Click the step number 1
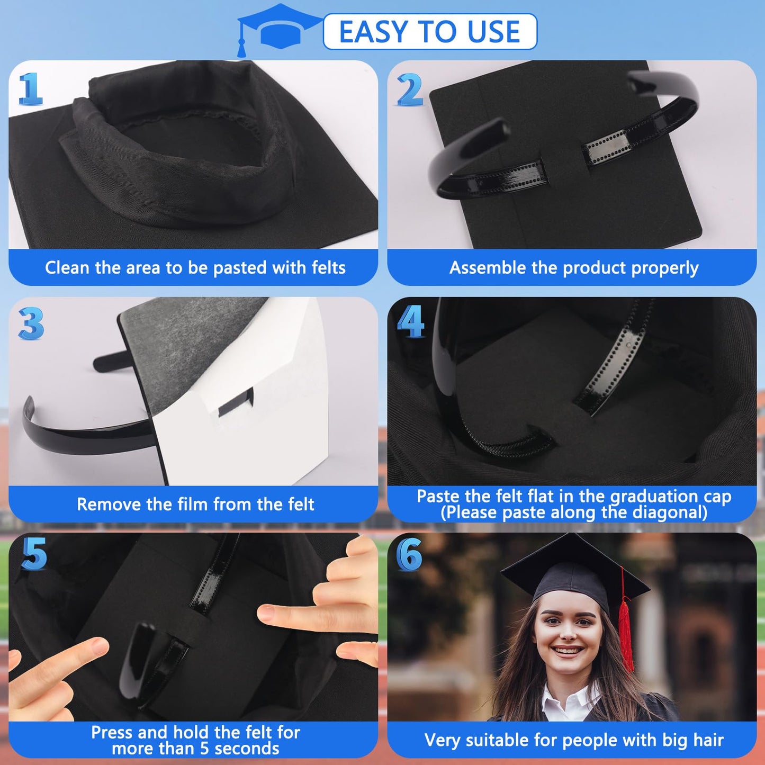point(30,89)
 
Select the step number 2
point(410,89)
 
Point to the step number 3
point(31,323)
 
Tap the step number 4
point(411,321)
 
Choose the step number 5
point(34,554)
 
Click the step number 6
point(409,555)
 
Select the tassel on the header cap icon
point(242,49)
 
